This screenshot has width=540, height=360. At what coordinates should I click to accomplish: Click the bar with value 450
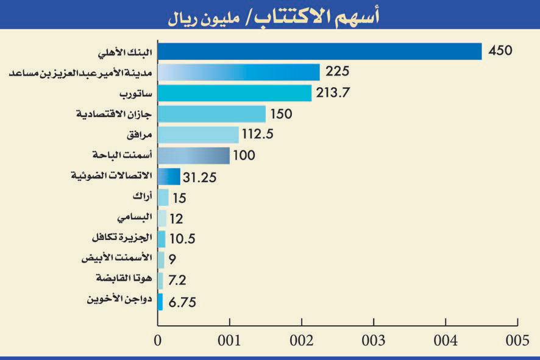tap(319, 51)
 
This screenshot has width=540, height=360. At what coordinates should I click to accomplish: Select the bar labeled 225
tap(238, 72)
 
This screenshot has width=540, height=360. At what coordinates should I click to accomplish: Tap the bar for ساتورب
tap(234, 93)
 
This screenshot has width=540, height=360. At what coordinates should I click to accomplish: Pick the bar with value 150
tap(211, 114)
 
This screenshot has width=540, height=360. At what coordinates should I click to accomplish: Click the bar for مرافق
tap(198, 135)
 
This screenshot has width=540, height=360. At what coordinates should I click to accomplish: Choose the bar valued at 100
tap(193, 155)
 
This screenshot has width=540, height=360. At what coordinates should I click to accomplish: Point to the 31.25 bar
tap(169, 177)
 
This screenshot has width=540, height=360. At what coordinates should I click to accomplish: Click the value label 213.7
tap(335, 93)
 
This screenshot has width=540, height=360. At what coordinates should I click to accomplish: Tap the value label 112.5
tap(261, 135)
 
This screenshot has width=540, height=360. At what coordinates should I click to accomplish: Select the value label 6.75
tap(181, 302)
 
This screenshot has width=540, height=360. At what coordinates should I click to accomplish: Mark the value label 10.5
tap(183, 239)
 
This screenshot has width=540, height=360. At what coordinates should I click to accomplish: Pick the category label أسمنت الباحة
tap(121, 155)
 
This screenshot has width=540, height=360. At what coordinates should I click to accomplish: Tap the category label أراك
tap(141, 196)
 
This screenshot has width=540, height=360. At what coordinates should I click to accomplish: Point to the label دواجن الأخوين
tap(119, 299)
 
